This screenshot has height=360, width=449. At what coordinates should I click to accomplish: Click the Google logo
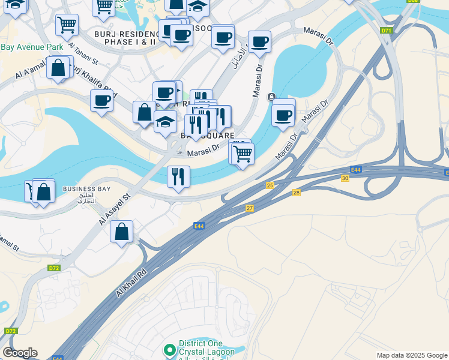click(20, 353)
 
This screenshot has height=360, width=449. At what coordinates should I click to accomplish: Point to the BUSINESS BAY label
click(86, 189)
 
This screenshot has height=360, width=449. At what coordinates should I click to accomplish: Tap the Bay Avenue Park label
click(31, 47)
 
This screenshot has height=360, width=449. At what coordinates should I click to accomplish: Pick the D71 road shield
click(386, 30)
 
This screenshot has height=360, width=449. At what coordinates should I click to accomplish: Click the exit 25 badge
click(270, 185)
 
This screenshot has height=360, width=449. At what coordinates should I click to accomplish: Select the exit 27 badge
click(250, 208)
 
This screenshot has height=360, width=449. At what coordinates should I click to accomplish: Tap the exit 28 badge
click(296, 193)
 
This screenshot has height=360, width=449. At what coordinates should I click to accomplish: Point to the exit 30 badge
click(345, 178)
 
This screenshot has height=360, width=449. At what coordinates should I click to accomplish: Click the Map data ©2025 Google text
click(412, 355)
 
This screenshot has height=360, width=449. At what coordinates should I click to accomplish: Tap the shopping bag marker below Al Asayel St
click(121, 232)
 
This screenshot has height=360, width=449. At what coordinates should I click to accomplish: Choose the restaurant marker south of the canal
click(178, 176)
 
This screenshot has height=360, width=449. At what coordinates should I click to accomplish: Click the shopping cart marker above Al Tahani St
click(67, 25)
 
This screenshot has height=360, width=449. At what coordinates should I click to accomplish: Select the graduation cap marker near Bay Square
click(165, 122)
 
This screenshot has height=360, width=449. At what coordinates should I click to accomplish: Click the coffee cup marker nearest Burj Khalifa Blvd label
click(102, 100)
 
